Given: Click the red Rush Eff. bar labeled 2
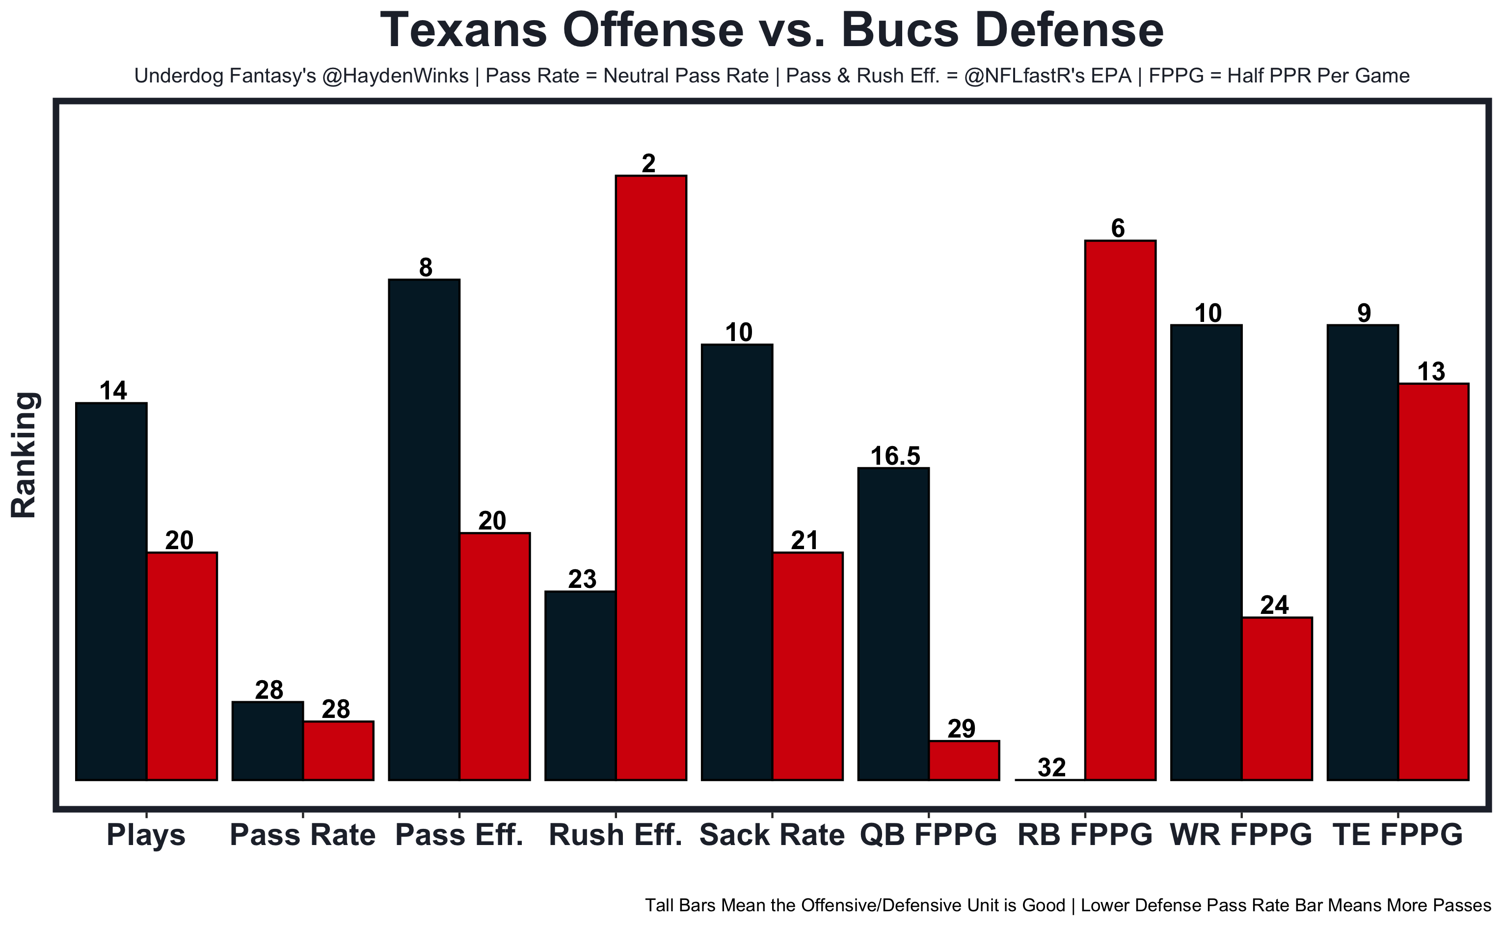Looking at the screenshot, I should point(650,477).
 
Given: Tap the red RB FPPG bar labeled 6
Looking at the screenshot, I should point(1120,510).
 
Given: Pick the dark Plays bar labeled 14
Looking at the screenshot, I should point(111,592).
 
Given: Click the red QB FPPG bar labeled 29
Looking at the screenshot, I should point(964,760).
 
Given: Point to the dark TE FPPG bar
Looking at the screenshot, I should point(1362,553).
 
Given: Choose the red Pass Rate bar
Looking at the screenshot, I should point(338,750).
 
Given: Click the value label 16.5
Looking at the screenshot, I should point(895,456).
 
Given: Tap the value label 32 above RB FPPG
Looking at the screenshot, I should point(1051,767).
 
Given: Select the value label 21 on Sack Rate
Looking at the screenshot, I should point(804,541).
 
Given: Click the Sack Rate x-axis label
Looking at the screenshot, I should point(772,835).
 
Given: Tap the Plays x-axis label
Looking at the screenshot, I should point(146,835).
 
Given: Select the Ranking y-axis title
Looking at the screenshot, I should point(25,455).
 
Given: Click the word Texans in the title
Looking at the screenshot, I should point(464,30).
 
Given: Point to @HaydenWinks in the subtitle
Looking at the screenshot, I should point(395,76).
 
